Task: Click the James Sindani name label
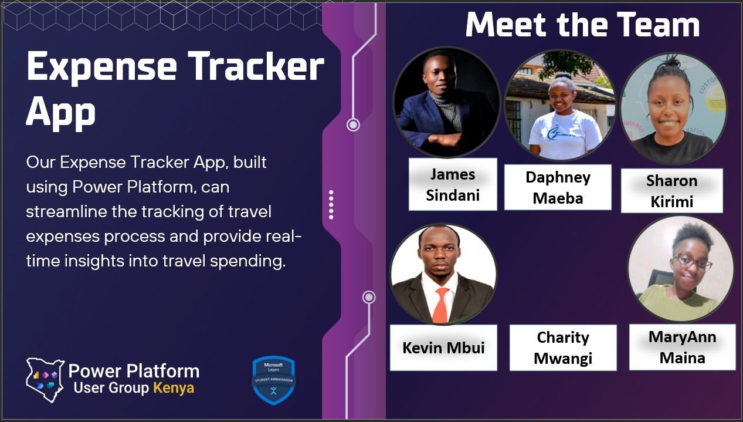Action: (452, 184)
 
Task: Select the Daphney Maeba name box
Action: (558, 187)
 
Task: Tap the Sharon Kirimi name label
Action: (671, 191)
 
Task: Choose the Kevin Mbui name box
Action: (443, 347)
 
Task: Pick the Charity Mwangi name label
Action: (563, 347)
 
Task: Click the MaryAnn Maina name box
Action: (682, 347)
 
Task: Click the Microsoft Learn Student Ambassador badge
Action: (273, 380)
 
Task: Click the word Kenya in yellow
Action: (173, 388)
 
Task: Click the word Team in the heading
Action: (654, 25)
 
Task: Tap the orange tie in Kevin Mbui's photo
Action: (440, 305)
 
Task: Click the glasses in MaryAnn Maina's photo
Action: (692, 261)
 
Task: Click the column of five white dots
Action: (331, 205)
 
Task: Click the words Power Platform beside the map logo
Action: (134, 371)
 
